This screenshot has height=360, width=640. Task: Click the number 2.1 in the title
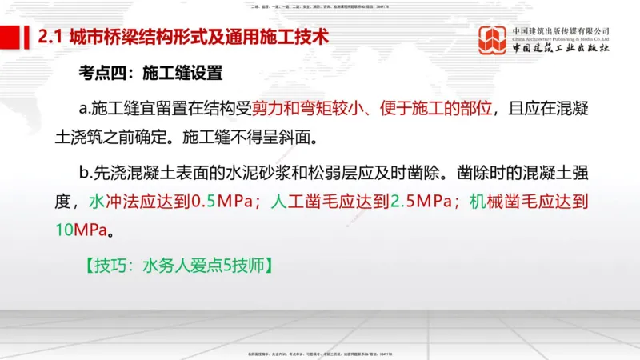point(52,38)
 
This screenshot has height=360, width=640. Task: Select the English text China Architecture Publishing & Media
point(562,38)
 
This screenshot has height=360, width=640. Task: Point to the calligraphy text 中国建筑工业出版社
point(562,49)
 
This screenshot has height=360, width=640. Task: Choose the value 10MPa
point(80,230)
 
